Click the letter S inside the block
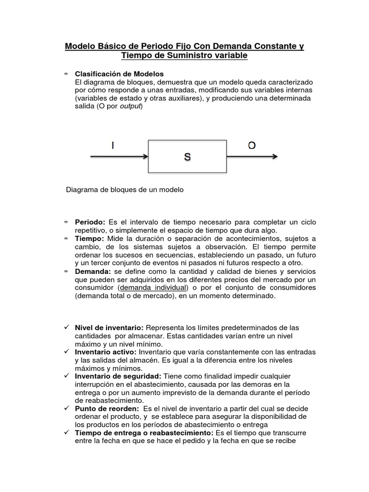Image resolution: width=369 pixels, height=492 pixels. tap(187, 157)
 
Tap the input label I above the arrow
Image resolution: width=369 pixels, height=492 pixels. tap(112, 146)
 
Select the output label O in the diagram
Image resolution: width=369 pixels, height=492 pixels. tap(251, 146)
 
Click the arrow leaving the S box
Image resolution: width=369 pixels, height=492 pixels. tap(252, 156)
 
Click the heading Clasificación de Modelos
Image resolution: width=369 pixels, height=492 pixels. tap(119, 74)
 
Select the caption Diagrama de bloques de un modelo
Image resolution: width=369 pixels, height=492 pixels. tap(125, 190)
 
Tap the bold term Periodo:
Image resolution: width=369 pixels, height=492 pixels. tap(90, 222)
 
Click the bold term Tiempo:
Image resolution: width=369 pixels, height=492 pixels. tap(89, 239)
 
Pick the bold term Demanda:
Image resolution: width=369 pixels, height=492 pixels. tap(93, 271)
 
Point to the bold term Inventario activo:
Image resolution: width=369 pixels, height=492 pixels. tap(106, 352)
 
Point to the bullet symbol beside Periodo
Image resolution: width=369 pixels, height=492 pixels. tap(66, 222)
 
